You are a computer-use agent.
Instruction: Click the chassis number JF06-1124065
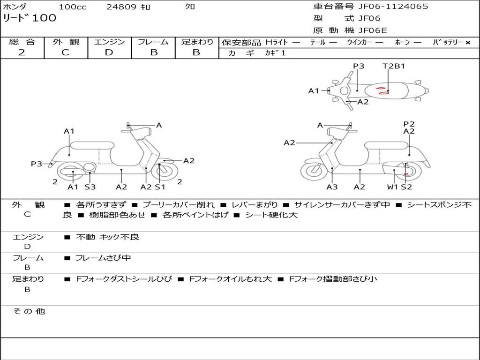pyautogui.click(x=393, y=7)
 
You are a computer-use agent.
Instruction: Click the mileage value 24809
pyautogui.click(x=121, y=7)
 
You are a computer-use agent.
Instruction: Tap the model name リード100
pyautogui.click(x=30, y=18)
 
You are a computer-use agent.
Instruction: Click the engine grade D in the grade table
pyautogui.click(x=109, y=52)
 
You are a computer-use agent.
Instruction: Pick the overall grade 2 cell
pyautogui.click(x=22, y=52)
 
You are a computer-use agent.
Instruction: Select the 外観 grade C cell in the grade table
pyautogui.click(x=66, y=52)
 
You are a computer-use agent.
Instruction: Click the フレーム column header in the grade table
pyautogui.click(x=153, y=42)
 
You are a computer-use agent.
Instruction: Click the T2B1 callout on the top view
pyautogui.click(x=394, y=66)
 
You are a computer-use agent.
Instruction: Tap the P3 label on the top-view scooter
pyautogui.click(x=359, y=66)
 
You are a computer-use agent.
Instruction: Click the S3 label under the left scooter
pyautogui.click(x=90, y=187)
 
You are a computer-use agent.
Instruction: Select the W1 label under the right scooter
pyautogui.click(x=392, y=187)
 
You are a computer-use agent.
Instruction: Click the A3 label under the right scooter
pyautogui.click(x=332, y=187)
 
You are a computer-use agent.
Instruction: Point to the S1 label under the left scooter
pyautogui.click(x=160, y=187)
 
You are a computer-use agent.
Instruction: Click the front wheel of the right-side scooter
pyautogui.click(x=314, y=171)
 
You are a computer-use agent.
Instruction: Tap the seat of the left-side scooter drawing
pyautogui.click(x=92, y=145)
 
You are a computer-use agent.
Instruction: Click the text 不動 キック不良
pyautogui.click(x=107, y=237)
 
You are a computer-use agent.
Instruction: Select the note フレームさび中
pyautogui.click(x=103, y=258)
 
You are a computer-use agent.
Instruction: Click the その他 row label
pyautogui.click(x=29, y=311)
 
